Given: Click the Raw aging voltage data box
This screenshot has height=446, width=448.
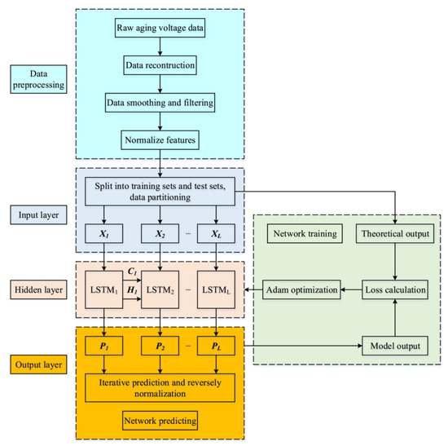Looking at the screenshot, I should tap(160, 33).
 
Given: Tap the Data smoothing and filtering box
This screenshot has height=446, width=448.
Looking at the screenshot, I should tap(160, 102).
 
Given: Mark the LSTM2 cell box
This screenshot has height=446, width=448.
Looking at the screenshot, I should tap(161, 289).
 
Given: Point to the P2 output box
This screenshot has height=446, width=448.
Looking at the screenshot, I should tap(161, 347).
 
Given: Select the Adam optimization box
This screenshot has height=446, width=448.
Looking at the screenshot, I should tap(301, 289).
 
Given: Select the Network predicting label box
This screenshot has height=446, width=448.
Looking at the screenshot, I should tap(160, 421).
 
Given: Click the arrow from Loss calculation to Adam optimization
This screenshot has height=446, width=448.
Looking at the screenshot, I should tap(349, 289).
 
